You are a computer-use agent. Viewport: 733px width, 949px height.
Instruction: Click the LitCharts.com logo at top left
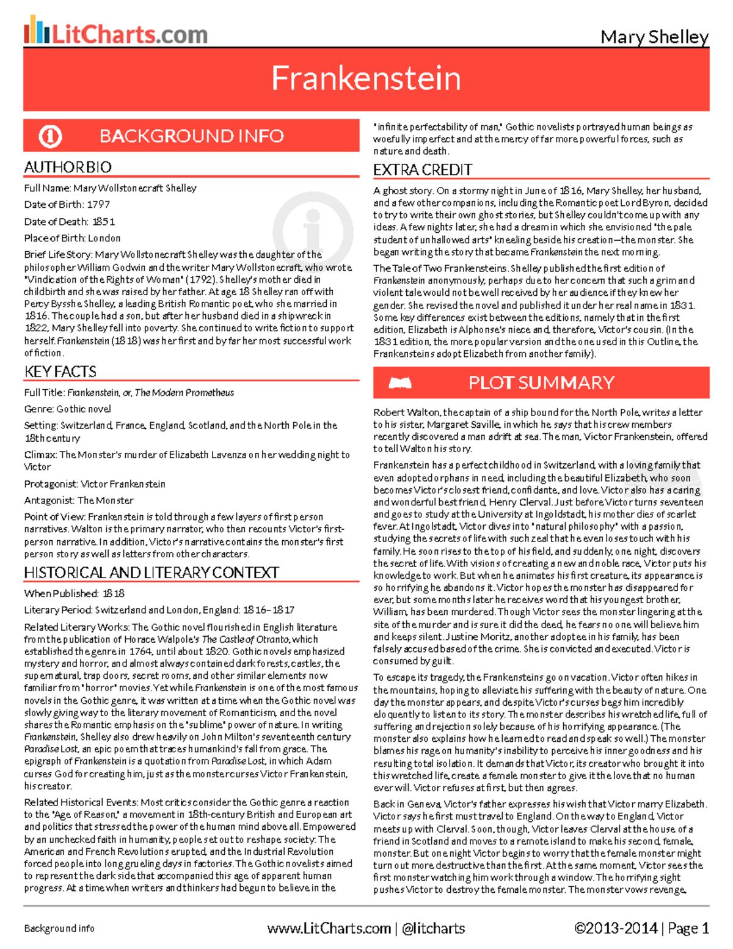pyautogui.click(x=116, y=32)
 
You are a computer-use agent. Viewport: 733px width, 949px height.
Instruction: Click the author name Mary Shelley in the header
pyautogui.click(x=654, y=37)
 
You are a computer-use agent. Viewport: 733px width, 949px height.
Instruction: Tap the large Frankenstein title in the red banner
pyautogui.click(x=366, y=78)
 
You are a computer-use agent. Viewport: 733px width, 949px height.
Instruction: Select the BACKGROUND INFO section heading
pyautogui.click(x=191, y=136)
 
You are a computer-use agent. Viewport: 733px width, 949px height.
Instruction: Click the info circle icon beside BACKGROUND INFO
pyautogui.click(x=50, y=136)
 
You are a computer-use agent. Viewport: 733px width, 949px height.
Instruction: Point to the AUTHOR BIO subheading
pyautogui.click(x=68, y=167)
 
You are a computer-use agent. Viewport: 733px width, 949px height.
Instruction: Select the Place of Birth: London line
pyautogui.click(x=72, y=238)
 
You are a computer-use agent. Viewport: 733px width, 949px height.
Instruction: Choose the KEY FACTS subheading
pyautogui.click(x=60, y=372)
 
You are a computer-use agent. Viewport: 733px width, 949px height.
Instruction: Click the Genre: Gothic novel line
pyautogui.click(x=67, y=409)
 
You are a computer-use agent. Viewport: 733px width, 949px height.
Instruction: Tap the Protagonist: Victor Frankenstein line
pyautogui.click(x=95, y=484)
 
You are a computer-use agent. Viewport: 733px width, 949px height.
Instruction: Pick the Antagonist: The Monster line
pyautogui.click(x=79, y=500)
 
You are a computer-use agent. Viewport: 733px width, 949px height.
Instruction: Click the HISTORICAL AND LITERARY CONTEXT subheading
pyautogui.click(x=151, y=573)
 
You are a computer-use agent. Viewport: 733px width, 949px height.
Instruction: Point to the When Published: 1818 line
pyautogui.click(x=74, y=593)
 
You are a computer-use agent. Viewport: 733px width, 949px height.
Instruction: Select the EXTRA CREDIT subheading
pyautogui.click(x=423, y=170)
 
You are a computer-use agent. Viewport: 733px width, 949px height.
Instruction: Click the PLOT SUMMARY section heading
pyautogui.click(x=541, y=383)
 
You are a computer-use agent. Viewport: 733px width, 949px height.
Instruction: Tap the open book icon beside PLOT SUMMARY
pyautogui.click(x=400, y=383)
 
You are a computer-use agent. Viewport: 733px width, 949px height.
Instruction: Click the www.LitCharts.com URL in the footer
pyautogui.click(x=329, y=929)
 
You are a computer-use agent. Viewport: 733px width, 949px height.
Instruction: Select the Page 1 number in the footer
pyautogui.click(x=688, y=929)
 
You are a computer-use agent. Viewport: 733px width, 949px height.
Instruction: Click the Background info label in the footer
pyautogui.click(x=59, y=929)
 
